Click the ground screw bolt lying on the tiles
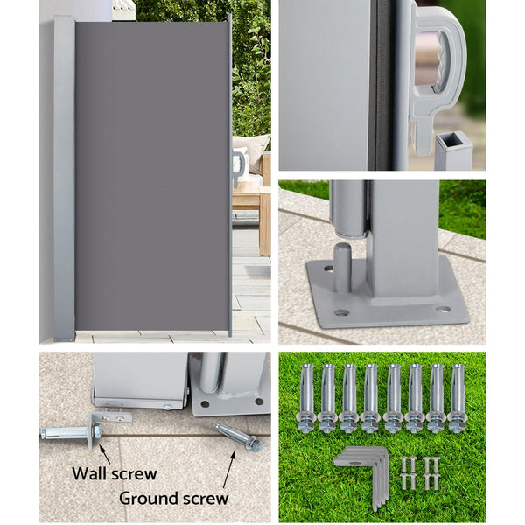(238, 436)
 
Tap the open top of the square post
(452, 141)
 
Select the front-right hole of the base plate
(442, 309)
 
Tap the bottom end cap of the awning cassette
(64, 332)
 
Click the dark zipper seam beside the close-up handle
(381, 87)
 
